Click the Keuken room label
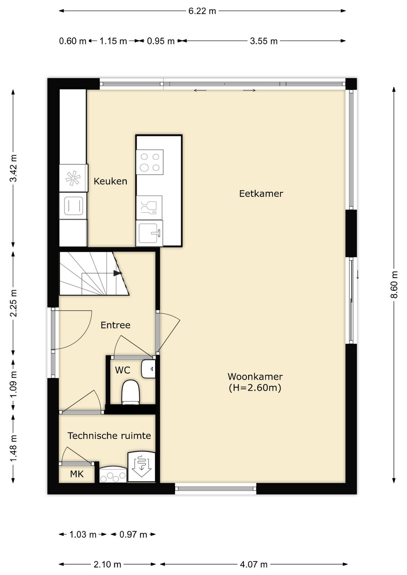(x=110, y=181)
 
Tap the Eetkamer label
(x=261, y=194)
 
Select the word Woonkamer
(x=255, y=376)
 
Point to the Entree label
(x=115, y=325)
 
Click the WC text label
(x=122, y=370)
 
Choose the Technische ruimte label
(x=109, y=436)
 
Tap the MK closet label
(x=77, y=474)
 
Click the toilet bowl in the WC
(x=130, y=392)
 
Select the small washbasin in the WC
(x=148, y=369)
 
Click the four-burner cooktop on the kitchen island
(x=150, y=162)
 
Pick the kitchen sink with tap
(x=150, y=233)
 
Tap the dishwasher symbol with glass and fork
(x=149, y=207)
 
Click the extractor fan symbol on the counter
(x=73, y=178)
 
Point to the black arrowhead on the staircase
(x=117, y=274)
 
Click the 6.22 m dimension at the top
(x=202, y=11)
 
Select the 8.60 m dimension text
(x=394, y=285)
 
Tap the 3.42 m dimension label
(x=13, y=168)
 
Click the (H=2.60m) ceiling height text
(x=255, y=388)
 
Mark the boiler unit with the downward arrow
(x=141, y=466)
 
